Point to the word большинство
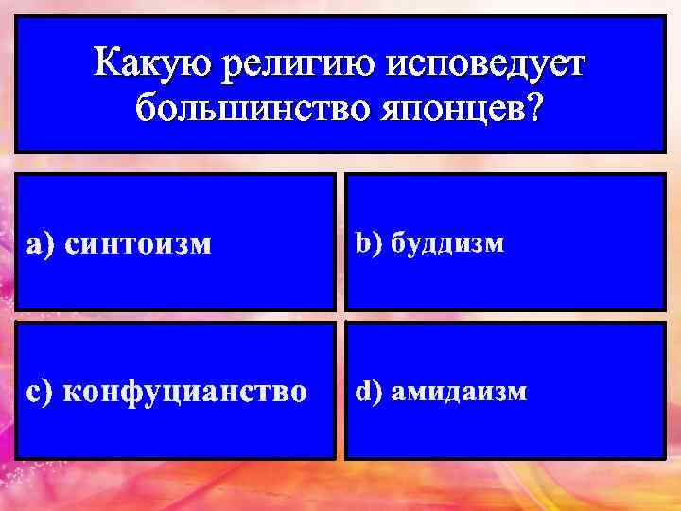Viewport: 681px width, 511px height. pos(240,107)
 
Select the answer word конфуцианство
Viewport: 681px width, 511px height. pos(184,391)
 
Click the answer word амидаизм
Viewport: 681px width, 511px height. pos(460,391)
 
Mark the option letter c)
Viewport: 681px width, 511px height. pos(40,391)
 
